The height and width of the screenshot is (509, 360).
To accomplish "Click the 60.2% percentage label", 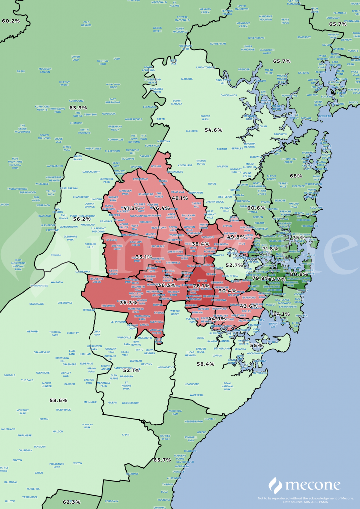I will [11, 21].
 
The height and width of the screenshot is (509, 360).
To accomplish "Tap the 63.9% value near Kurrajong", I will [78, 108].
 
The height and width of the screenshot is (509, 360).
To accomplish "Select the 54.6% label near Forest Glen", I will [214, 130].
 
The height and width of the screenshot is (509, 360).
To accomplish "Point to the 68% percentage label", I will [296, 176].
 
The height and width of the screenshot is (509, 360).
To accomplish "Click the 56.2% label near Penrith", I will [82, 219].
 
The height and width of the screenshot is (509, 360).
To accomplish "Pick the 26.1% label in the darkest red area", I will [201, 286].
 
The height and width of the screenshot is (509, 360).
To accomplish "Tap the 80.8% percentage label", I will [299, 274].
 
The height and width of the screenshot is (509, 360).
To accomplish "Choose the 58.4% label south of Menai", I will [205, 364].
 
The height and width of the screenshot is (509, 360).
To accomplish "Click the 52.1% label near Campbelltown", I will [131, 370].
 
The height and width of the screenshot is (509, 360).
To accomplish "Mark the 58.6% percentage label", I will [58, 400].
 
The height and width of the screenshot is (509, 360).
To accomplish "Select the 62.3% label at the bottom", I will [72, 502].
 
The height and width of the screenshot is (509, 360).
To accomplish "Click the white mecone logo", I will [304, 485].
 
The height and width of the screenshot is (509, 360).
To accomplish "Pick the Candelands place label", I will [229, 95].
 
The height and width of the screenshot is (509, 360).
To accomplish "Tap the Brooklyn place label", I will [280, 134].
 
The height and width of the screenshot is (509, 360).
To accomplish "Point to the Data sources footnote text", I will [306, 501].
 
